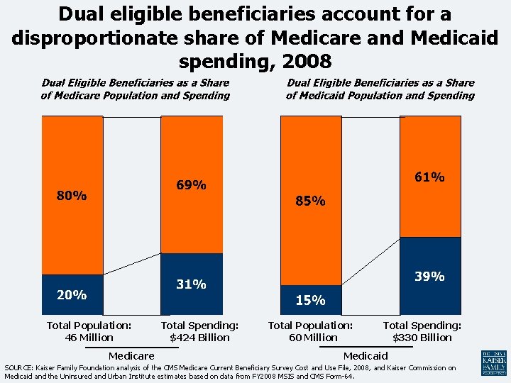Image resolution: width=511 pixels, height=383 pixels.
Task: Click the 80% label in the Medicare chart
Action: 72,196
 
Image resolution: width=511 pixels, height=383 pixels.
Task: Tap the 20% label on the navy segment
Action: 72,294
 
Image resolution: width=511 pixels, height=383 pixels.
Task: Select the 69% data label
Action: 191,185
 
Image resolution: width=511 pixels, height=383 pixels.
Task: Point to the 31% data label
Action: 191,284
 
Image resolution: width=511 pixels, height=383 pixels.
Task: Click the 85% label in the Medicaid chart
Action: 310,201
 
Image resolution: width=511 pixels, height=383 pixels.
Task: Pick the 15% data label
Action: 310,300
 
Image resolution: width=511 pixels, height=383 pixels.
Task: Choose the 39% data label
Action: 429,276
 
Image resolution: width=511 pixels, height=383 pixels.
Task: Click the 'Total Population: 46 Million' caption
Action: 89,331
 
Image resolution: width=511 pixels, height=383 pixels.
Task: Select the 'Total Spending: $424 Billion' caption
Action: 199,331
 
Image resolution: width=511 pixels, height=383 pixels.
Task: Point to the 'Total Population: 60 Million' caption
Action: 310,331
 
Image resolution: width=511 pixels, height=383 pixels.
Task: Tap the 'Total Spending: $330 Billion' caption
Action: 422,331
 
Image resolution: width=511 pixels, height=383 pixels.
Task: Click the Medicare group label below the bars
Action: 131,355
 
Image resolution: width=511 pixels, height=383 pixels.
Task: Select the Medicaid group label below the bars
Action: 366,355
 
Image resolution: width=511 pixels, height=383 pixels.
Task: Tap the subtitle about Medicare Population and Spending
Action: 135,89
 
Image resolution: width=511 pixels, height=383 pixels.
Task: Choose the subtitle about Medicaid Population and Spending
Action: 380,89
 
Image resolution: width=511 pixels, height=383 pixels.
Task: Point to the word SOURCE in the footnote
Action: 19,368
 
